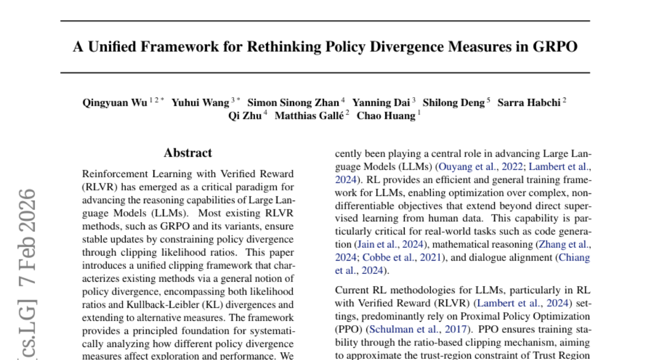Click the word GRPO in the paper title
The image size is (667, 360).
click(558, 47)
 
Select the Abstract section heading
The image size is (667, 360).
click(188, 153)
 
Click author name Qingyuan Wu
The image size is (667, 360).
click(115, 103)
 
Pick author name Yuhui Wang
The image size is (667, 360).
click(200, 103)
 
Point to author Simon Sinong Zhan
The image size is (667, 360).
click(292, 103)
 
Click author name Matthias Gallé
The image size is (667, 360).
click(308, 116)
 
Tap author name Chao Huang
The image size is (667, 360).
click(386, 116)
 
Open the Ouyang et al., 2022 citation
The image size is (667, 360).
click(480, 166)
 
